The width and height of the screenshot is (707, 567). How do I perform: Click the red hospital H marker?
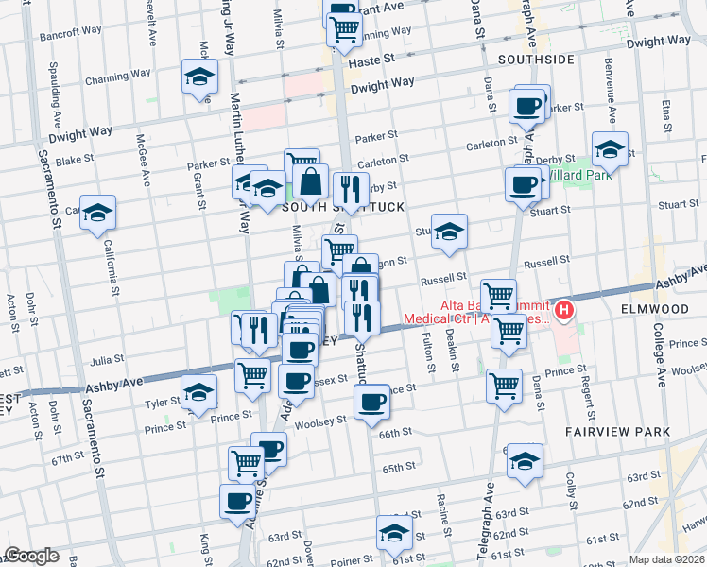pyautogui.click(x=564, y=309)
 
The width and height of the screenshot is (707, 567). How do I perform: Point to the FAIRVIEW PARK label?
pyautogui.click(x=618, y=432)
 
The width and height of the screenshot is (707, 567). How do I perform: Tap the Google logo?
pyautogui.click(x=31, y=556)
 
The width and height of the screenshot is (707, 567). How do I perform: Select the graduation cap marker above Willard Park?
pyautogui.click(x=611, y=149)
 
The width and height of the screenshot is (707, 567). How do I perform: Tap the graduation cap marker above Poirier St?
pyautogui.click(x=394, y=533)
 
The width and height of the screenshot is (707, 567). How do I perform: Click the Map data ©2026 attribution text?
pyautogui.click(x=667, y=559)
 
